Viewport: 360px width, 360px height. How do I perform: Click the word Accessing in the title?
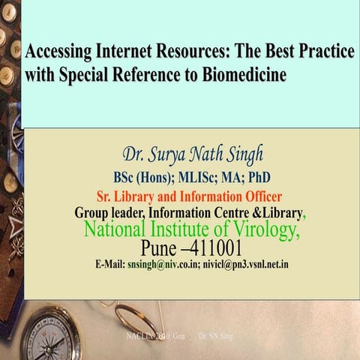58,52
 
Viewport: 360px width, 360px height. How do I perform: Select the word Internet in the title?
127,52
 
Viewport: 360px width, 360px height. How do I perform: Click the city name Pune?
158,248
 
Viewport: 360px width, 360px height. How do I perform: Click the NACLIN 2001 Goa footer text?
149,337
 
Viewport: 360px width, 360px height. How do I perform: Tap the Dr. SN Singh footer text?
216,337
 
